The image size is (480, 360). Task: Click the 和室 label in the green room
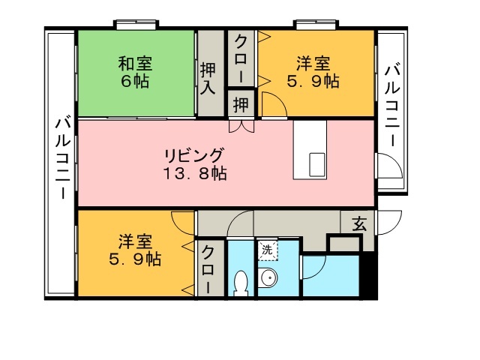tap(135, 64)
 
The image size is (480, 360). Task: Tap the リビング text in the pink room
tap(193, 155)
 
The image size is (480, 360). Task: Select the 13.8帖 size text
tap(195, 173)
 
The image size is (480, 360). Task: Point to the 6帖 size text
tap(135, 82)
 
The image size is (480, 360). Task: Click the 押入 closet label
tap(208, 79)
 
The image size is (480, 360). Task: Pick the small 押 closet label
tap(241, 104)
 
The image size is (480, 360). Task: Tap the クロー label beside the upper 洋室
tap(241, 58)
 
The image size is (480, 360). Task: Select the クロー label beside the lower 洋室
tap(208, 269)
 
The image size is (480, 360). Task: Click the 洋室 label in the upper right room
tap(313, 64)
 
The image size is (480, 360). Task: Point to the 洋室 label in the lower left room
tap(135, 241)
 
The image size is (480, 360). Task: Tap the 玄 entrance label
tap(359, 224)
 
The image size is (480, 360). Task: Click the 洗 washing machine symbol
tap(268, 250)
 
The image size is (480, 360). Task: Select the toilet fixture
tap(241, 283)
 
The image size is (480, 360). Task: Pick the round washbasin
tap(268, 277)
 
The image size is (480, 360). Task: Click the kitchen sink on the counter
tap(316, 165)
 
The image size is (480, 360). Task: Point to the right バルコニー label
tap(392, 106)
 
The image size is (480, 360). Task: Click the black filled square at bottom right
tap(368, 274)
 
